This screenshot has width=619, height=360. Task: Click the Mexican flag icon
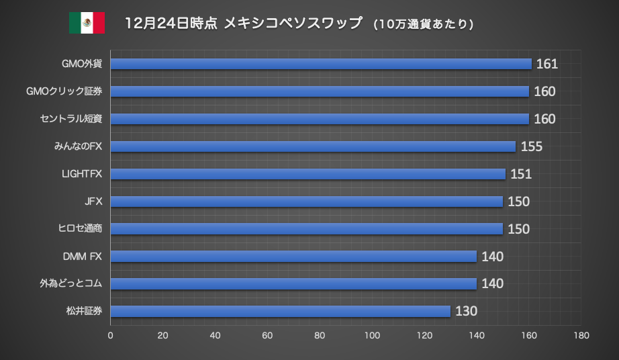(x=87, y=24)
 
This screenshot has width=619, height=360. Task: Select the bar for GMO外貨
(x=321, y=64)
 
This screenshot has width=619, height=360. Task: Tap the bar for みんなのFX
(x=313, y=146)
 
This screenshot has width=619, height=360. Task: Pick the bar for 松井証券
(x=280, y=311)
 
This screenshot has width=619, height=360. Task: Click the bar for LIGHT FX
(x=307, y=174)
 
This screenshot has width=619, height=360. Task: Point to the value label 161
(x=547, y=64)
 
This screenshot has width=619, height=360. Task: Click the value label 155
(x=531, y=146)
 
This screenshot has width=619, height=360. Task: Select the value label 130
(x=466, y=311)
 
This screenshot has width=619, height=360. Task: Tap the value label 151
(x=521, y=174)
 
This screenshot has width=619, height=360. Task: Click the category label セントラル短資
(x=70, y=119)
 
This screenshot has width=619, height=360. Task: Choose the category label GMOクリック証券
(x=64, y=91)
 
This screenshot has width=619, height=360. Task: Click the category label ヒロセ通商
(x=80, y=229)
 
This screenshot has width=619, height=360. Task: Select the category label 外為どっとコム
(x=70, y=283)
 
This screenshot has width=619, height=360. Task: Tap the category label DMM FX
(x=81, y=256)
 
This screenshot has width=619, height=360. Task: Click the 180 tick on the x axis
(x=581, y=334)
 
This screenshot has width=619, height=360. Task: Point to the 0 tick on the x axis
(x=110, y=334)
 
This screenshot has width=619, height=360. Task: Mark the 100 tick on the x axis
(x=372, y=334)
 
